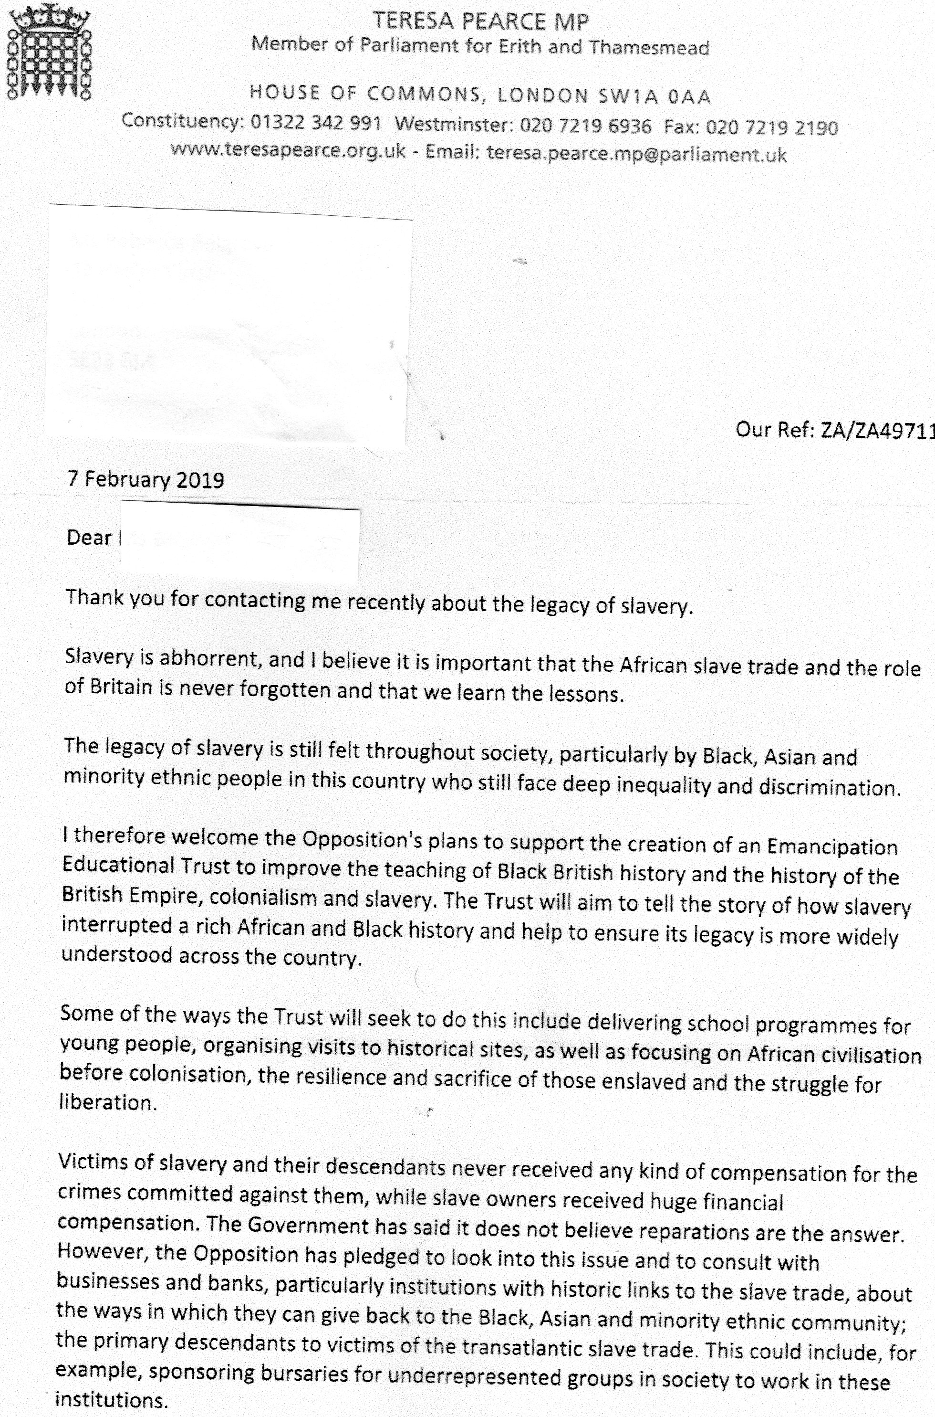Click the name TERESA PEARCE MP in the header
[x=481, y=22]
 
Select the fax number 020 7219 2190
[x=772, y=127]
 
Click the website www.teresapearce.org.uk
[x=289, y=150]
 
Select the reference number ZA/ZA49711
[x=877, y=430]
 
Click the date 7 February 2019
[x=146, y=480]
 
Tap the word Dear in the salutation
[x=89, y=538]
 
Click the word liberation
[x=107, y=1102]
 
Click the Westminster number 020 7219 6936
[x=586, y=125]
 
